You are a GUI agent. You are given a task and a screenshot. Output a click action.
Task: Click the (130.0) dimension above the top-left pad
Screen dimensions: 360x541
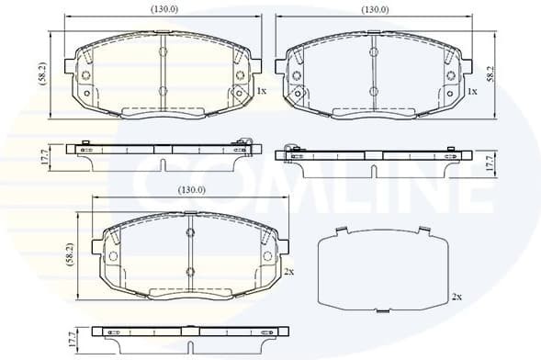click(164, 9)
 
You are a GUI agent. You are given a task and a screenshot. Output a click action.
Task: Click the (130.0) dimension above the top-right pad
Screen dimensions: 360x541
click(374, 9)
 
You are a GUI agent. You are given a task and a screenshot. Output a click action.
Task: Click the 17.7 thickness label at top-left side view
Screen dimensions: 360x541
click(43, 157)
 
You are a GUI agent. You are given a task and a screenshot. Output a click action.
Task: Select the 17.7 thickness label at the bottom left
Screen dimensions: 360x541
click(72, 338)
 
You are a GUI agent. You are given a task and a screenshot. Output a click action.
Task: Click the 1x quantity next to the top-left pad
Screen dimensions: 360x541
click(261, 91)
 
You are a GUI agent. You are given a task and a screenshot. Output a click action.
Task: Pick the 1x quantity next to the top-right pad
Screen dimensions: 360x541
click(472, 92)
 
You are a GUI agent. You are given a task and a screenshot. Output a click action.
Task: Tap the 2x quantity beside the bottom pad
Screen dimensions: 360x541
click(288, 272)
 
